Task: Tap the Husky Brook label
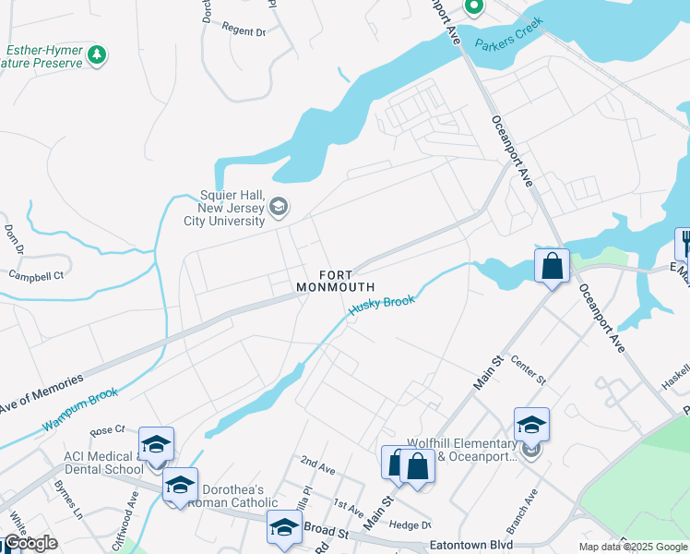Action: (381, 306)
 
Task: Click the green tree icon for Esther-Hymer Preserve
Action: (97, 56)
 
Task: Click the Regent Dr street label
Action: (244, 30)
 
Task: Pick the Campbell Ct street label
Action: (36, 275)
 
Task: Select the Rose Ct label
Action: (107, 431)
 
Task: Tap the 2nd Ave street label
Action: (317, 463)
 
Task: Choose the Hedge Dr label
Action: (410, 524)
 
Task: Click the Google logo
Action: (30, 543)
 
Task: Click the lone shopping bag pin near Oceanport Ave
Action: (552, 266)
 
